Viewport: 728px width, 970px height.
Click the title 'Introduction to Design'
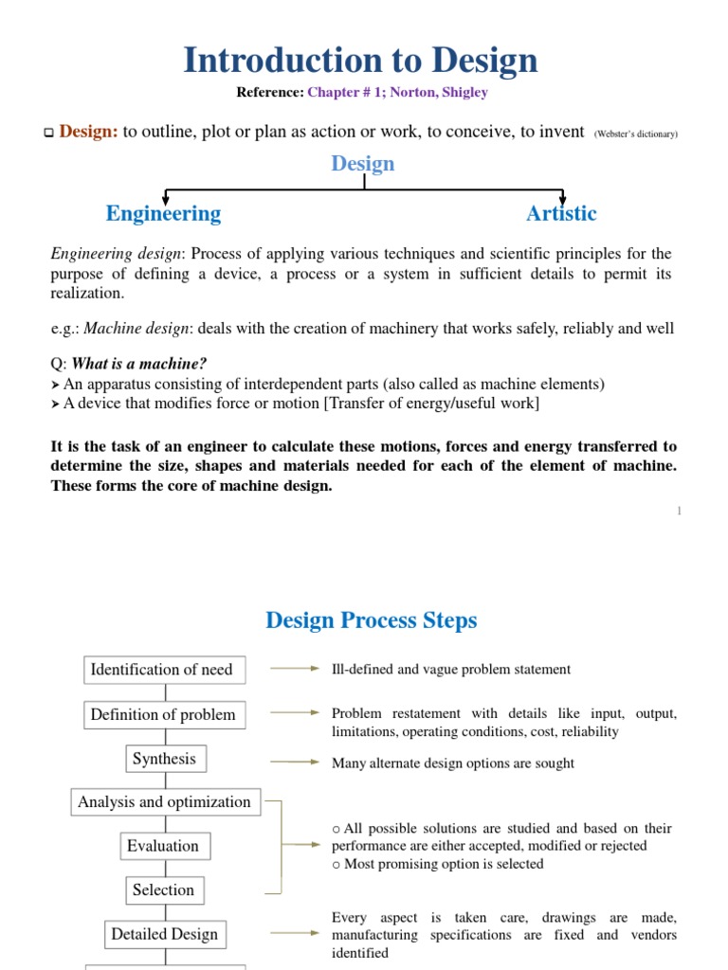coord(360,60)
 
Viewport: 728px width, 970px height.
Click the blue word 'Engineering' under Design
coord(163,213)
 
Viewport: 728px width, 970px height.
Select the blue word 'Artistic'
coord(561,213)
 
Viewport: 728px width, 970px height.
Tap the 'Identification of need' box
coord(161,670)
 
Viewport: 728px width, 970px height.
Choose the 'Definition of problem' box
coord(163,714)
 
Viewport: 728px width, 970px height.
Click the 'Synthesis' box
coord(164,759)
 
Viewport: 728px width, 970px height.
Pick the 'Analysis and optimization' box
coord(164,802)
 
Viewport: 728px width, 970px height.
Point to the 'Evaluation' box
coord(164,846)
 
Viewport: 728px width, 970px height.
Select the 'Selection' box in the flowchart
coord(164,889)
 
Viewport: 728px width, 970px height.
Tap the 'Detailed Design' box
coord(164,934)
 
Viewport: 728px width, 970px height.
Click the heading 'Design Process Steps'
coord(372,620)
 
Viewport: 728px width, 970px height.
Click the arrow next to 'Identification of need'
coord(295,669)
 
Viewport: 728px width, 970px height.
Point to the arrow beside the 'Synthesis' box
coord(295,761)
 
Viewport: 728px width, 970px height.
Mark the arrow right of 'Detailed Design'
coord(295,933)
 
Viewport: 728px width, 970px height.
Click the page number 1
coord(679,512)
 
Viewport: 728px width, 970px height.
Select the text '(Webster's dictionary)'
coord(635,134)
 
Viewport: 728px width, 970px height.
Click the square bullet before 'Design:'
coord(49,134)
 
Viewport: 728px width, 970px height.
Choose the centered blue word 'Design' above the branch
coord(363,163)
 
